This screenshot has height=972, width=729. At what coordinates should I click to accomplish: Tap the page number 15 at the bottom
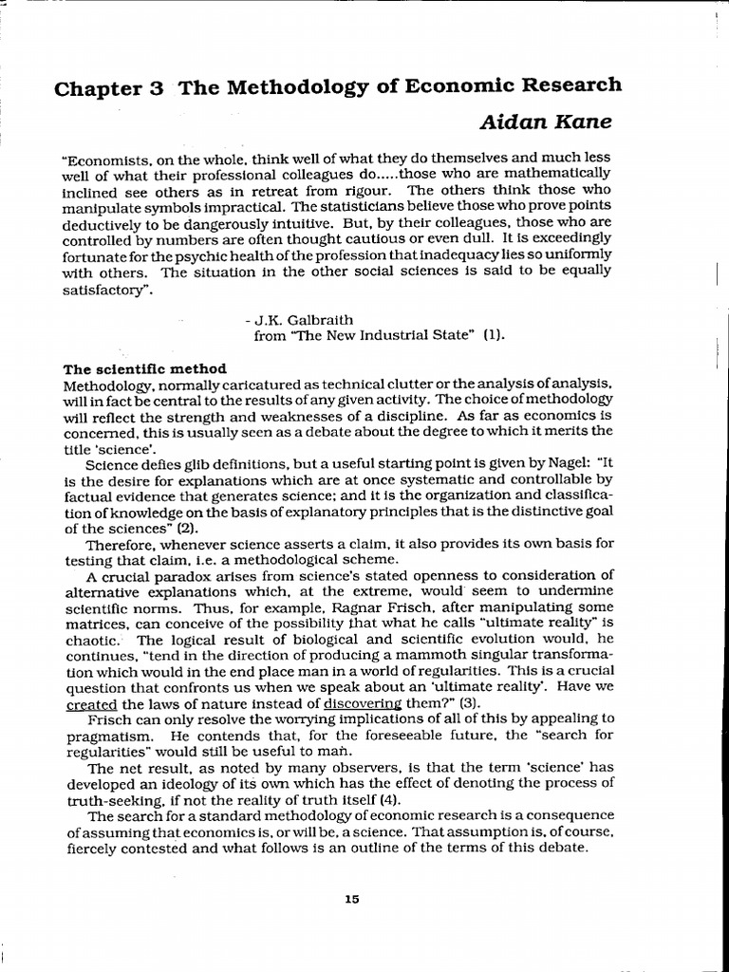(x=352, y=900)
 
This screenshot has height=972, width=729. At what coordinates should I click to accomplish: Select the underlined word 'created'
(x=88, y=702)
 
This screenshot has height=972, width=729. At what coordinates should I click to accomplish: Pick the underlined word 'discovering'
(x=362, y=702)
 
